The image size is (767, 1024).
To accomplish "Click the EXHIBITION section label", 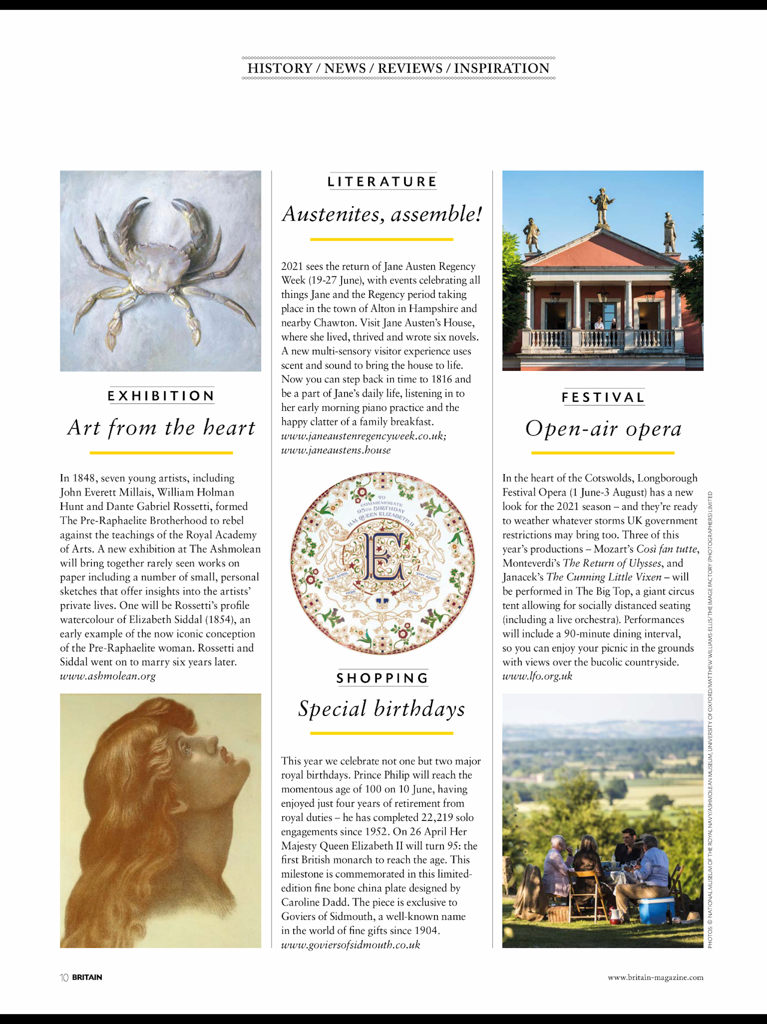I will click(x=161, y=396).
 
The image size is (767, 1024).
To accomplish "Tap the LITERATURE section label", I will click(x=382, y=181).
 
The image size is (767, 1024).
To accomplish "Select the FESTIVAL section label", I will click(x=603, y=397).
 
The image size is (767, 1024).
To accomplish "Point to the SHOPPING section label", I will click(x=382, y=678).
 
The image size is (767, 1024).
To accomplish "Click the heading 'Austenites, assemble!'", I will click(x=382, y=214).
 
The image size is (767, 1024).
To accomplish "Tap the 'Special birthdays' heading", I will click(x=382, y=709).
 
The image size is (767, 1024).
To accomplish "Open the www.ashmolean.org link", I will click(x=108, y=676).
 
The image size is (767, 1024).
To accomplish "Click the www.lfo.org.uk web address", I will click(x=537, y=676).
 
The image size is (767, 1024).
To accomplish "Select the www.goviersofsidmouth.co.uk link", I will click(x=350, y=945).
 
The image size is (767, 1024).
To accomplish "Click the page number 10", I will click(x=64, y=977).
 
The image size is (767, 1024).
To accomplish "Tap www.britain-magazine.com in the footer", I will click(x=655, y=977).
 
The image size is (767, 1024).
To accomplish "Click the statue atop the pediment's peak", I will click(x=602, y=207).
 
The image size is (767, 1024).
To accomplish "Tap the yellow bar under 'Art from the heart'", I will click(x=161, y=453).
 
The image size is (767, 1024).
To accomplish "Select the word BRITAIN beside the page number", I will click(x=87, y=977).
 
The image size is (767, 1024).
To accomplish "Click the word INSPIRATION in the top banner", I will click(x=501, y=69).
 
